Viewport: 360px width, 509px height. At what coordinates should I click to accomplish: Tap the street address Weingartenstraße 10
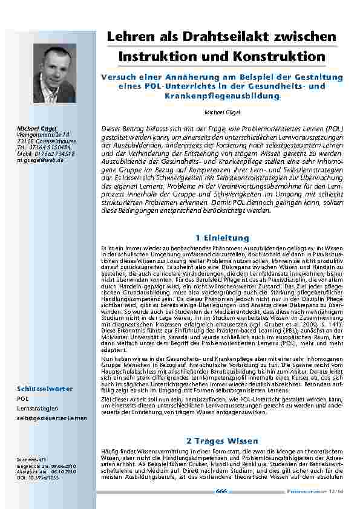pyautogui.click(x=44, y=134)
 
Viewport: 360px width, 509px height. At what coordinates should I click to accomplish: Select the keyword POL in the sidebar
pyautogui.click(x=22, y=400)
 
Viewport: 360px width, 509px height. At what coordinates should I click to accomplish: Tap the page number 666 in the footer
pyautogui.click(x=221, y=491)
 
